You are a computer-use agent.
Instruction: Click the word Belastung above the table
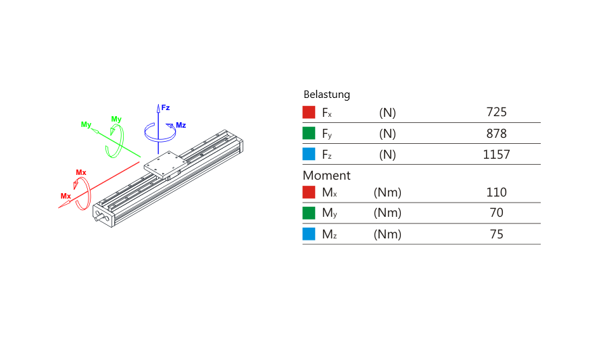click(326, 95)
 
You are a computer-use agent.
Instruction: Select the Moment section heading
click(326, 176)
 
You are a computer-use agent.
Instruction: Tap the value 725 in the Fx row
click(496, 112)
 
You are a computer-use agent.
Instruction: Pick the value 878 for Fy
click(496, 134)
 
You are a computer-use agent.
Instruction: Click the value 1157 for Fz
click(496, 155)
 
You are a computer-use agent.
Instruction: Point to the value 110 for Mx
click(496, 192)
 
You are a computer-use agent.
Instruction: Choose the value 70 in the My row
click(496, 213)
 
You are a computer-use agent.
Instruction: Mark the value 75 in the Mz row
click(496, 234)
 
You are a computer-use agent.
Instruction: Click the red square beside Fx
click(309, 112)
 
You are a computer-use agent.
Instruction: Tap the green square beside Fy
click(309, 133)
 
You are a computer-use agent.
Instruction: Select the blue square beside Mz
click(309, 234)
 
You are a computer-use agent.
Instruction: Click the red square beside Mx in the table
click(309, 192)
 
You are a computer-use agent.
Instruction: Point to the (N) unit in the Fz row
click(387, 155)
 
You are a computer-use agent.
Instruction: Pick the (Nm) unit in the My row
click(387, 213)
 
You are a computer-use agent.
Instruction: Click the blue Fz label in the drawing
click(166, 107)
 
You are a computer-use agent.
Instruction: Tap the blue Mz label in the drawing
click(180, 125)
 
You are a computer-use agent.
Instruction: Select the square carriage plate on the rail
click(166, 165)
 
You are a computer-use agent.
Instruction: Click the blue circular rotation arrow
click(160, 132)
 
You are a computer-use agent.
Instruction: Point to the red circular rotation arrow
click(82, 194)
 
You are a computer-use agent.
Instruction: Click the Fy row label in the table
click(326, 134)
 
